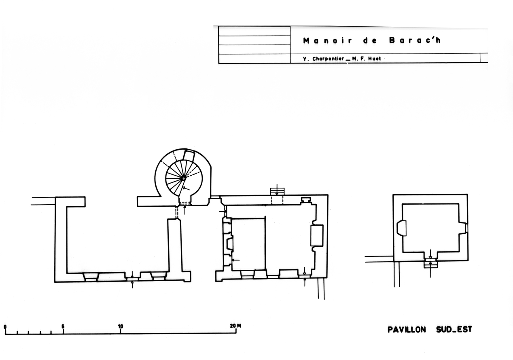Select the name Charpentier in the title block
point(328,59)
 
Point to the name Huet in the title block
point(374,59)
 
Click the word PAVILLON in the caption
point(407,330)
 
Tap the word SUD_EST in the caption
point(454,330)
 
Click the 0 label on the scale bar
point(5,326)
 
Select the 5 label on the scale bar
point(63,326)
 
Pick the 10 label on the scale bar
point(121,326)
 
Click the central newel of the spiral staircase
point(183,178)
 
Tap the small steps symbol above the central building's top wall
point(277,191)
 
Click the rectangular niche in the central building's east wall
point(316,236)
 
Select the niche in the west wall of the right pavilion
point(402,229)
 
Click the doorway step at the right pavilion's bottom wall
point(430,264)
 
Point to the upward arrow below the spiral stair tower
point(185,210)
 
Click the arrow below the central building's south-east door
point(305,282)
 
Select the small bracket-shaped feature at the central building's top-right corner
point(306,199)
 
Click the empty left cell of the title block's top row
point(254,31)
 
